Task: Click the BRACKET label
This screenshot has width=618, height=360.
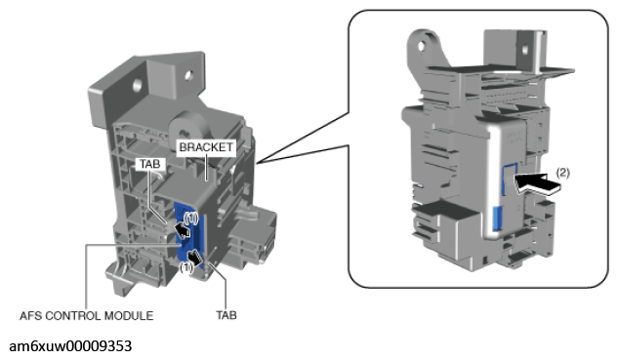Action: (206, 147)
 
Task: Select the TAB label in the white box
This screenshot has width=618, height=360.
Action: (149, 164)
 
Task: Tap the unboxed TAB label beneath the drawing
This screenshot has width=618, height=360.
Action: (227, 315)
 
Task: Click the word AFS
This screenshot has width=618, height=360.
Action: (30, 316)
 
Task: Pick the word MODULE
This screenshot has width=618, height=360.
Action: (129, 316)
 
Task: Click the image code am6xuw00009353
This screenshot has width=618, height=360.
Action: (70, 346)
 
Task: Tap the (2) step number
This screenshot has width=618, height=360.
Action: (562, 173)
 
